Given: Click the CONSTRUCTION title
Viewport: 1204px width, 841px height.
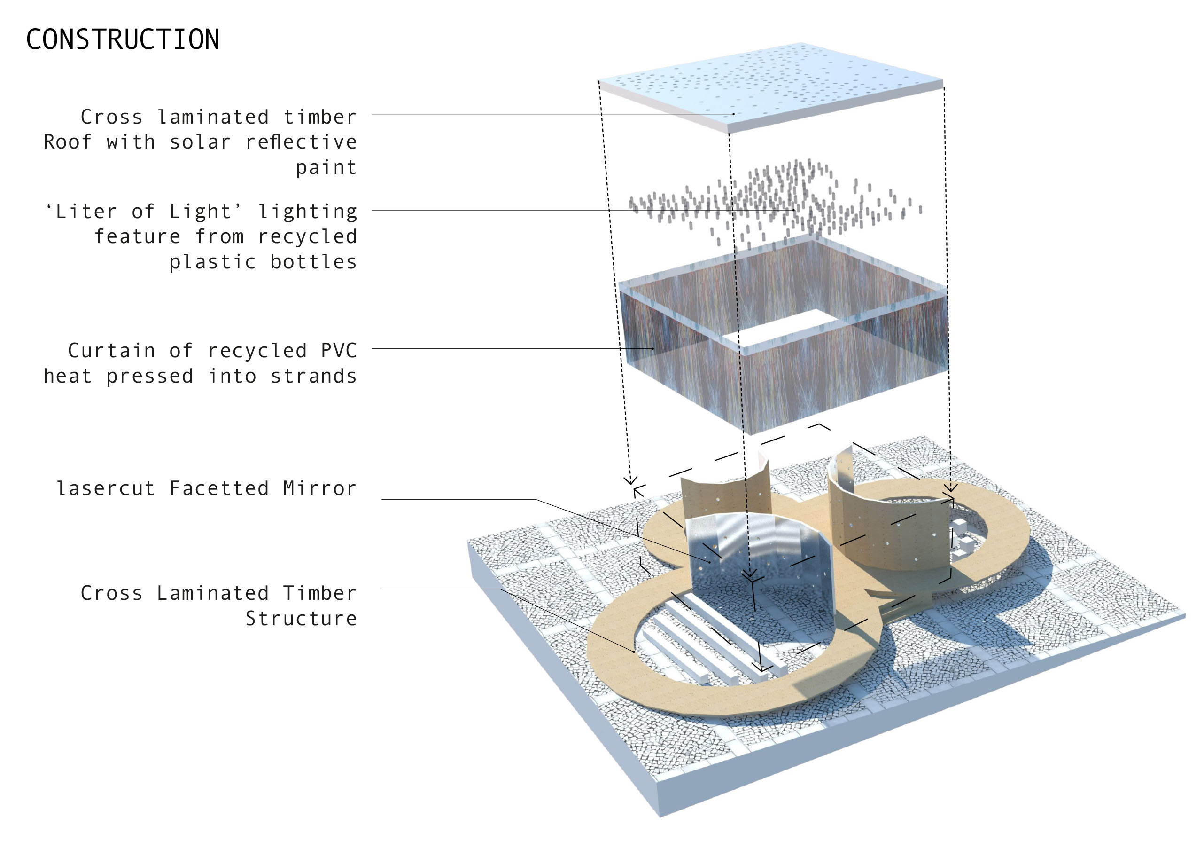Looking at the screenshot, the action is [x=123, y=39].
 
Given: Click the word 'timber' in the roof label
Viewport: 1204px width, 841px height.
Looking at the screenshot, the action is [x=320, y=117].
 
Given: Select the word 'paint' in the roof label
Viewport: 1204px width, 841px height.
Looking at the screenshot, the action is [x=326, y=167].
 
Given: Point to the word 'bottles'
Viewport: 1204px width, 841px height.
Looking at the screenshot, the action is [x=314, y=262].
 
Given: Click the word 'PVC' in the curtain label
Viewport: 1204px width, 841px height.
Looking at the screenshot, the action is [x=339, y=351].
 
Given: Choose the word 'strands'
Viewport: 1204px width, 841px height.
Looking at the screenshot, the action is [x=314, y=376].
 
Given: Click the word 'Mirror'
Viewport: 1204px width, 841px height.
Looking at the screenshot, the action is [x=320, y=488].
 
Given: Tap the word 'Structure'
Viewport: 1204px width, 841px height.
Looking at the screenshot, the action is [x=301, y=619].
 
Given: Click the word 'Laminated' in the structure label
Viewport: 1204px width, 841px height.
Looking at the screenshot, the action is [x=213, y=593].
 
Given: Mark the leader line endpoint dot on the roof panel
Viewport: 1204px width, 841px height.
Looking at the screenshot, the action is [x=734, y=114].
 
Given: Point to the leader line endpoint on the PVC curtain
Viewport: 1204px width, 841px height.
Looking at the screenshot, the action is [x=653, y=348].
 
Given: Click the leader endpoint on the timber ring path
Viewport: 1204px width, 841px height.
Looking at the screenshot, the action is [x=634, y=652].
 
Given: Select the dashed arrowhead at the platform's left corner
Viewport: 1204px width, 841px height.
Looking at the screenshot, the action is [x=630, y=480].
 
